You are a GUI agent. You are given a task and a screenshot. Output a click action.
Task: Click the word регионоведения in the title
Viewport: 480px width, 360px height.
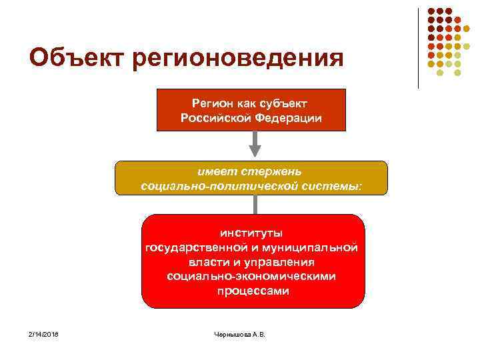(237, 59)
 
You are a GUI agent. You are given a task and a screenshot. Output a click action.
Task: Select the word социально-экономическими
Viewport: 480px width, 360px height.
(252, 277)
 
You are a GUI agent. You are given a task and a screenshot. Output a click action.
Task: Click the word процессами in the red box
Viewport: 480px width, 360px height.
(253, 291)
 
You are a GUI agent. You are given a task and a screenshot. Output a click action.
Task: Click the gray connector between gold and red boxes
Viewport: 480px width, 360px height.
(254, 204)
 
